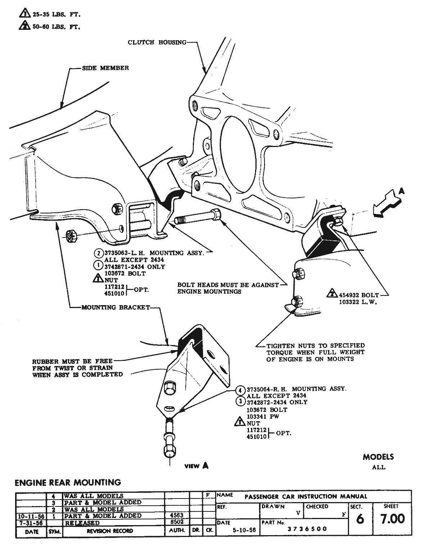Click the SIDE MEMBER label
click(105, 68)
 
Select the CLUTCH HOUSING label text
click(157, 42)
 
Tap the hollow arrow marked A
click(387, 204)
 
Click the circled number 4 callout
click(240, 389)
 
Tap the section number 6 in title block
click(359, 519)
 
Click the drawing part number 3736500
click(307, 529)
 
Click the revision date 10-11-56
click(31, 516)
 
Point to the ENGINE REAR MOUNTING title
click(68, 482)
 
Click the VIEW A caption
click(196, 466)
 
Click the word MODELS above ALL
click(378, 457)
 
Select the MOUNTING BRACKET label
click(115, 308)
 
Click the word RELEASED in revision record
click(82, 523)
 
